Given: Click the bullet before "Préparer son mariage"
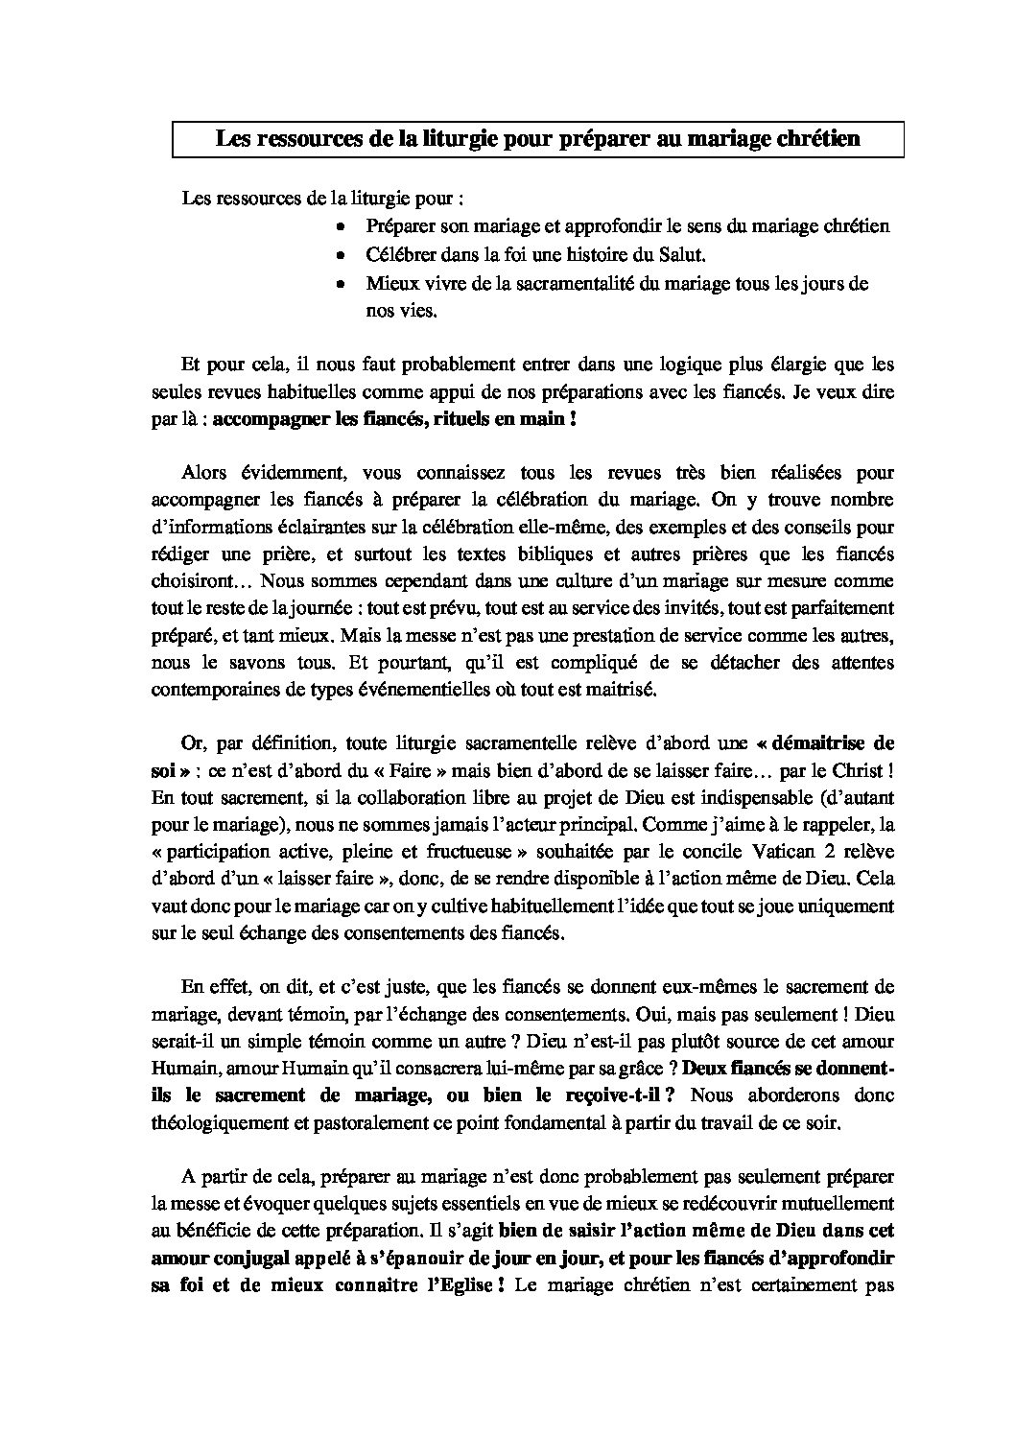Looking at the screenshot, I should click(341, 227).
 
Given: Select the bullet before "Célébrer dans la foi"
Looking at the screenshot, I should click(341, 256).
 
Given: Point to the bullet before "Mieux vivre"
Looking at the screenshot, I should click(341, 285).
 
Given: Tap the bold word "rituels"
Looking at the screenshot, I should click(465, 420).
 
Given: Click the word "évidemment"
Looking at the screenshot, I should click(281, 473).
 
